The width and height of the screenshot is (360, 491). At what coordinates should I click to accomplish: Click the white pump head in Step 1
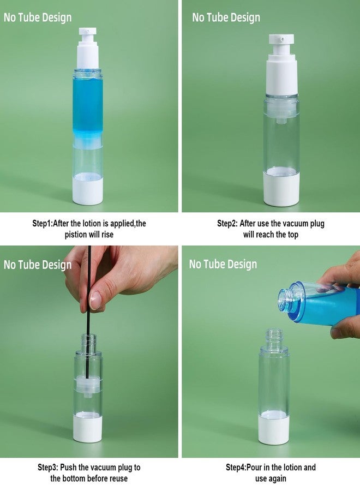tap(88, 49)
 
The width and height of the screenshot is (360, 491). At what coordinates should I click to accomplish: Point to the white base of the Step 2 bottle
tap(281, 187)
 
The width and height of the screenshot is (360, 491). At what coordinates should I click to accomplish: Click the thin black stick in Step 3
tap(89, 313)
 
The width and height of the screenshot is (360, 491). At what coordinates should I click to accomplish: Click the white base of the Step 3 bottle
tap(88, 428)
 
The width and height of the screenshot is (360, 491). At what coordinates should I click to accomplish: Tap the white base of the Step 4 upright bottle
tap(274, 428)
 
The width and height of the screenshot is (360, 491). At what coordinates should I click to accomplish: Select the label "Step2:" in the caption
tap(227, 224)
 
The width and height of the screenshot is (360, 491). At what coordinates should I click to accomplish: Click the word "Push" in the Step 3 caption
tap(68, 468)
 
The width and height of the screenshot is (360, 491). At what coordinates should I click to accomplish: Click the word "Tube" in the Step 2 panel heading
tap(217, 17)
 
